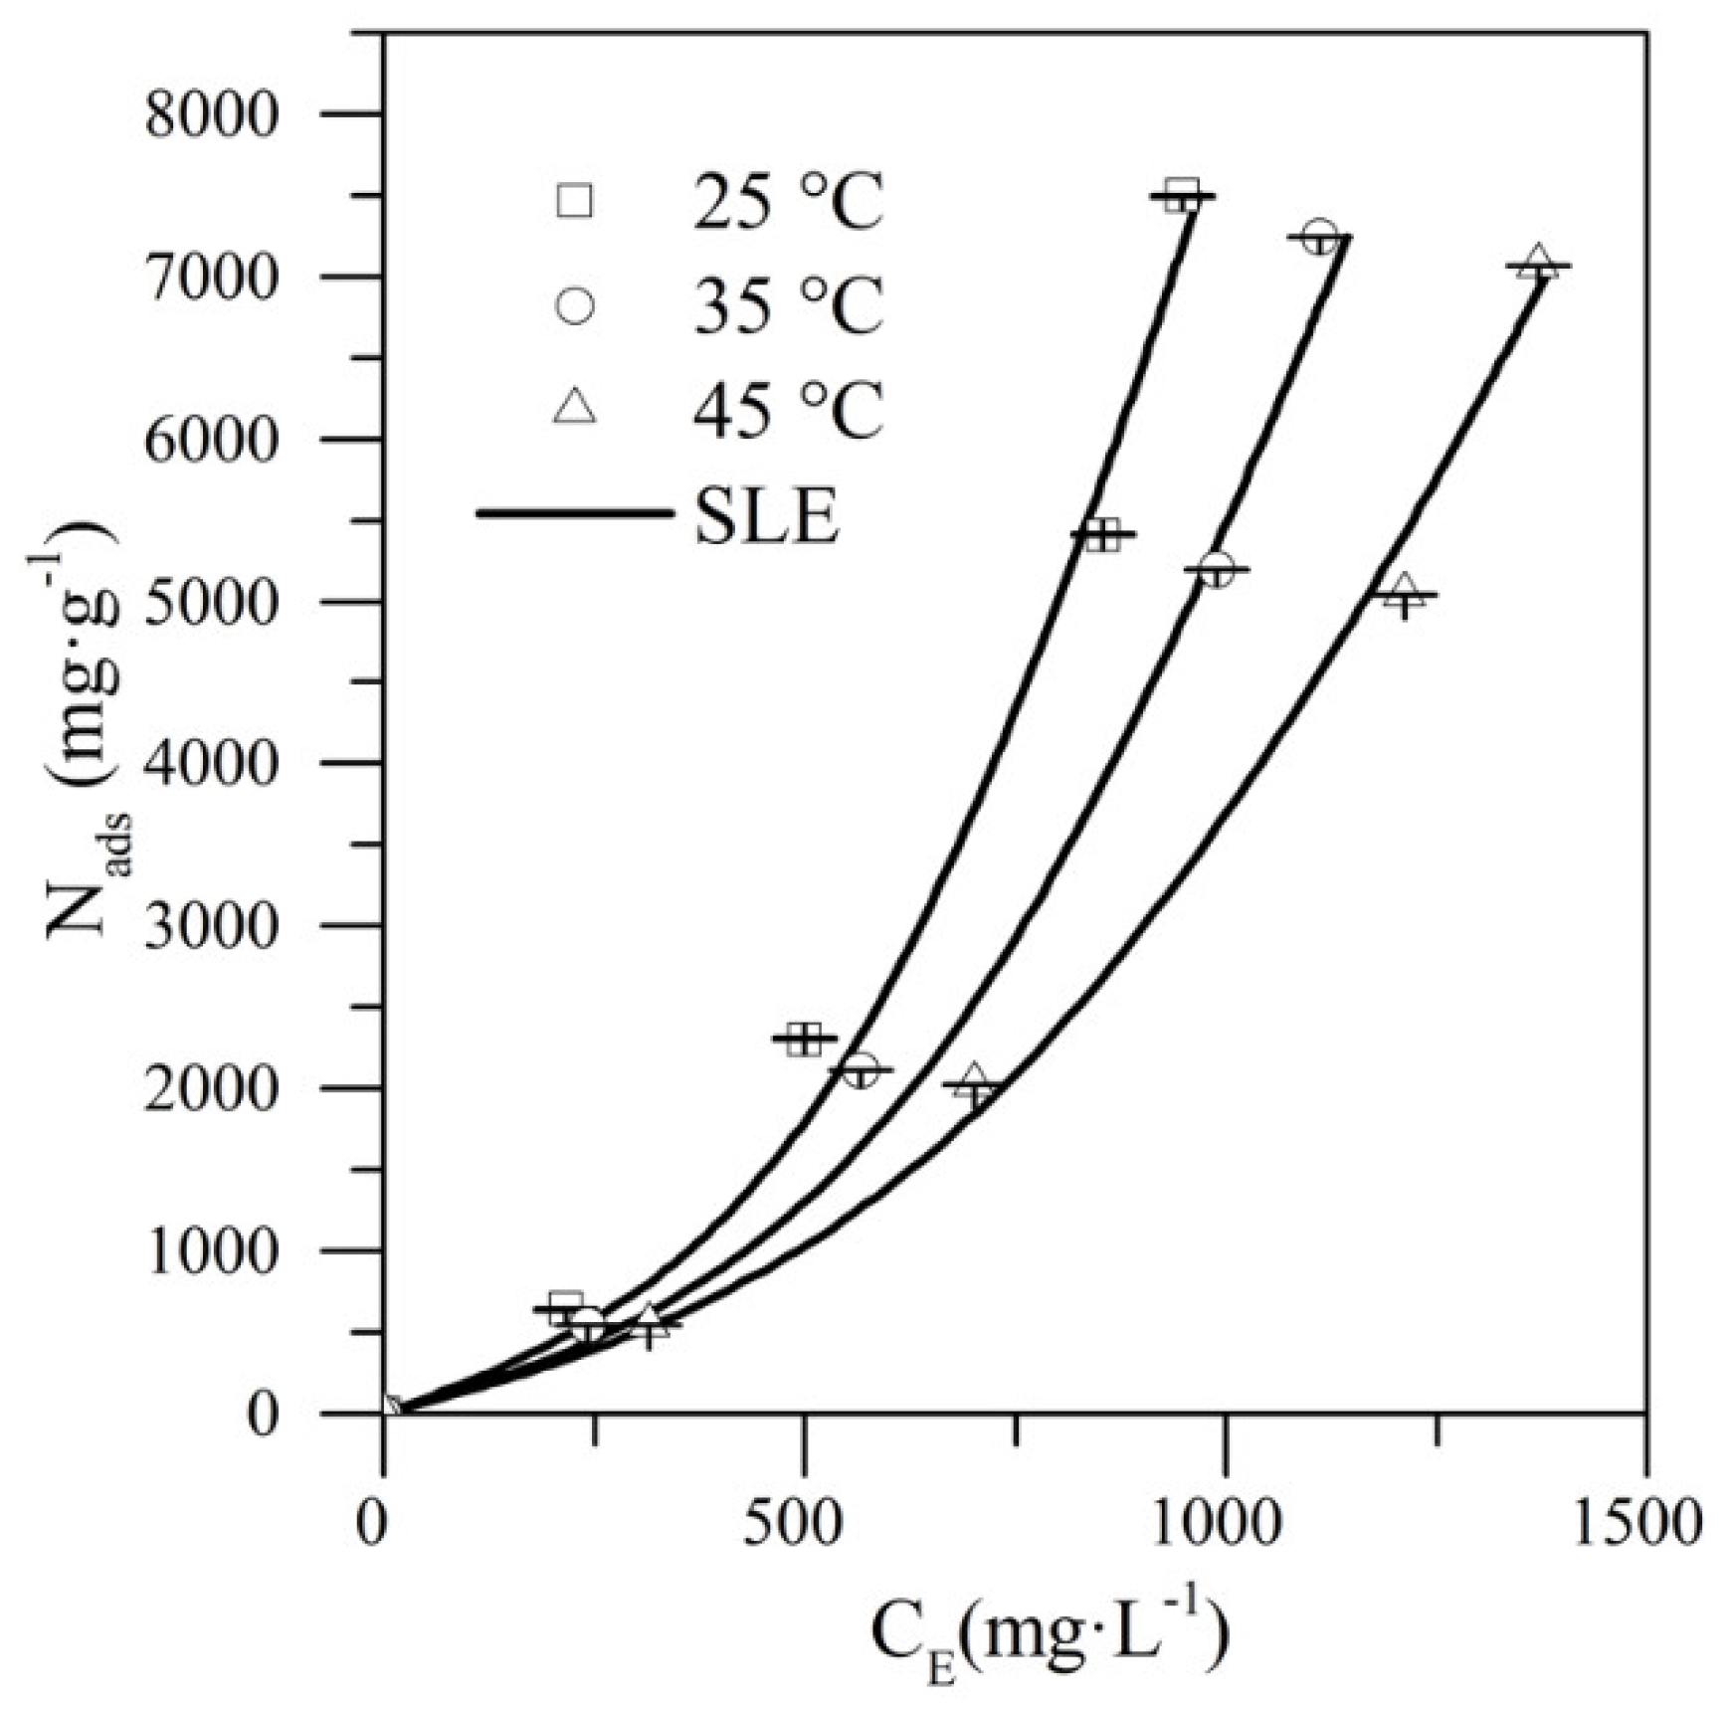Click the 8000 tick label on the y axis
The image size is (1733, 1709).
click(210, 116)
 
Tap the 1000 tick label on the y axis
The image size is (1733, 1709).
click(210, 1253)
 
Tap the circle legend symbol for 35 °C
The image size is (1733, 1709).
click(575, 304)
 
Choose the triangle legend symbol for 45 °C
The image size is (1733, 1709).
click(575, 407)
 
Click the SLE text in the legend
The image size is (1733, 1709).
click(767, 517)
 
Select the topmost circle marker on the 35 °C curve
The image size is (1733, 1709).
click(1319, 237)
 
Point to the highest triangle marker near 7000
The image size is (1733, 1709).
click(1538, 262)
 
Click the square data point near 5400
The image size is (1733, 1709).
click(1102, 534)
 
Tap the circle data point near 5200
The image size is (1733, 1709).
click(1216, 570)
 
